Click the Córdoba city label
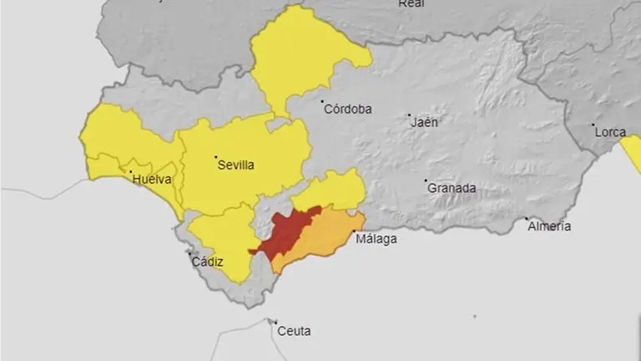coord(349,109)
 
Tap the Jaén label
coord(424,122)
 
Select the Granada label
coord(452,188)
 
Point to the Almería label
coord(550,226)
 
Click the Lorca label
coord(610,131)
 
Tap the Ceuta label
coord(293,332)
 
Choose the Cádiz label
coord(207,262)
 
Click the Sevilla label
coord(235,165)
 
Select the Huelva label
coord(152,179)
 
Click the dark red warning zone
coord(288,232)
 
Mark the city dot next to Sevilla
coord(215,157)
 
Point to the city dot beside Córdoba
coord(323,102)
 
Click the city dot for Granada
coord(426,180)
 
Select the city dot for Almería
coord(527,219)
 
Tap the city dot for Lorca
coord(593,125)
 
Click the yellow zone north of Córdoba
coord(300,58)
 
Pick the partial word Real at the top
coord(411,4)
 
